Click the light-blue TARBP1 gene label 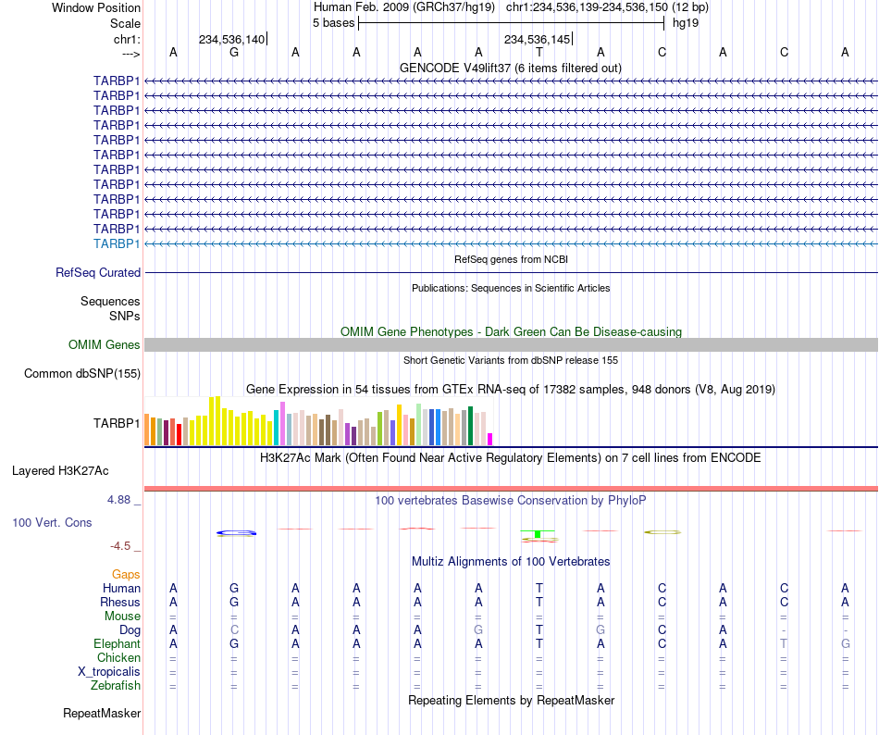pyautogui.click(x=117, y=243)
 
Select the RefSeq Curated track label pyautogui.click(x=98, y=272)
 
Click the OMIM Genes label pyautogui.click(x=105, y=344)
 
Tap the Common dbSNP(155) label pyautogui.click(x=82, y=373)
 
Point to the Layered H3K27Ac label pyautogui.click(x=60, y=471)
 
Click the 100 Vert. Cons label pyautogui.click(x=52, y=522)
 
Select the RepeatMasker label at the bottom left pyautogui.click(x=102, y=713)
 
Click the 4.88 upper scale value pyautogui.click(x=118, y=500)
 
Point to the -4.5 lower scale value pyautogui.click(x=120, y=546)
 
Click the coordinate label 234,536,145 pyautogui.click(x=537, y=39)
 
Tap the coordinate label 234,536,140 pyautogui.click(x=231, y=39)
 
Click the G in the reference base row pyautogui.click(x=234, y=53)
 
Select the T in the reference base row pyautogui.click(x=539, y=53)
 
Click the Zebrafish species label pyautogui.click(x=116, y=686)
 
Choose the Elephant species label pyautogui.click(x=118, y=643)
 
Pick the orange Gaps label pyautogui.click(x=126, y=574)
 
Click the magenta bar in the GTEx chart pyautogui.click(x=490, y=440)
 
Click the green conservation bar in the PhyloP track pyautogui.click(x=538, y=534)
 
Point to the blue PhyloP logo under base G pyautogui.click(x=237, y=532)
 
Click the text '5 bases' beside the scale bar pyautogui.click(x=333, y=23)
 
